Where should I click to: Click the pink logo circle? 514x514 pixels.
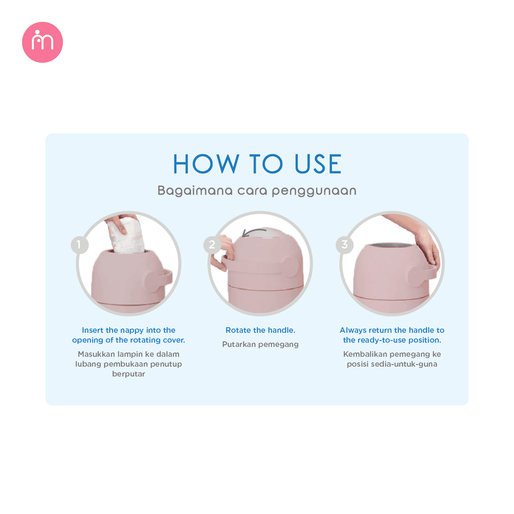tap(42, 42)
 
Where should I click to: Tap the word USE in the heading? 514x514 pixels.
tap(318, 164)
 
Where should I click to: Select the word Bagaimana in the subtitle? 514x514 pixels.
tap(195, 191)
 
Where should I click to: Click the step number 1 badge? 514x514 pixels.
tap(79, 245)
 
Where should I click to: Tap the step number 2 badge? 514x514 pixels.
tap(212, 245)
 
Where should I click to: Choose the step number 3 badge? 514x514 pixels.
tap(344, 245)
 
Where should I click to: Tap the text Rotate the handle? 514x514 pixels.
tap(260, 330)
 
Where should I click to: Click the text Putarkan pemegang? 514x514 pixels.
tap(260, 345)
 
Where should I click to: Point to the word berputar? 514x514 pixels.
tap(128, 374)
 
